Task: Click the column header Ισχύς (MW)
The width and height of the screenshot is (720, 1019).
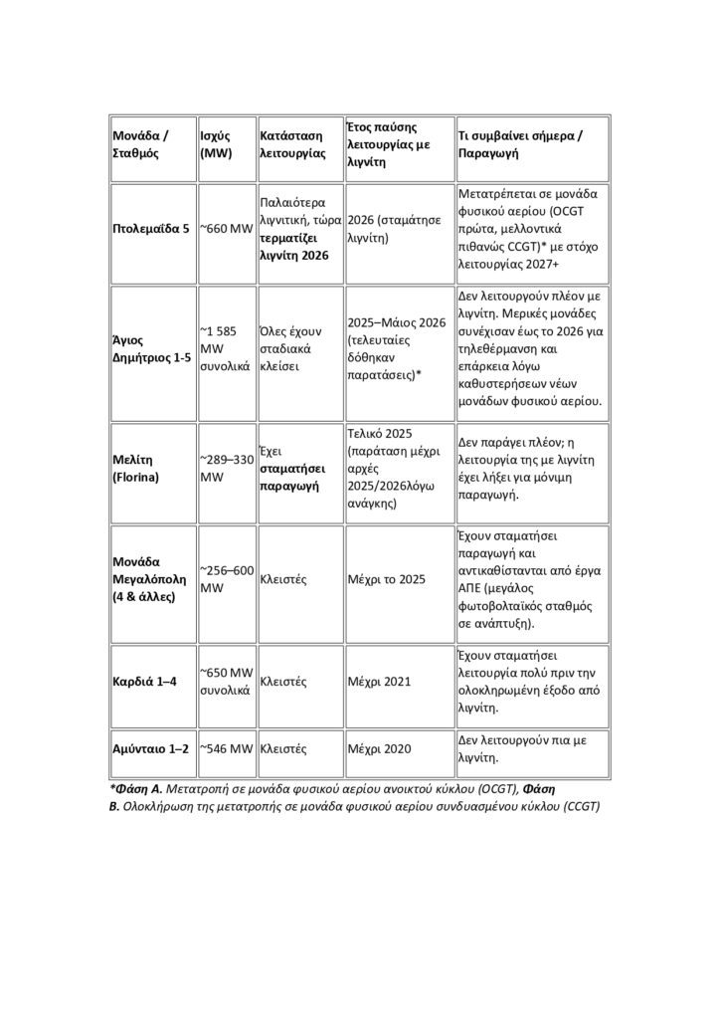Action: pos(220,145)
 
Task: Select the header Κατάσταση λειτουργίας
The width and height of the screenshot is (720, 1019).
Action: pos(292,145)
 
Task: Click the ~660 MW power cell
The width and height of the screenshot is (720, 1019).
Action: pos(227,229)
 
